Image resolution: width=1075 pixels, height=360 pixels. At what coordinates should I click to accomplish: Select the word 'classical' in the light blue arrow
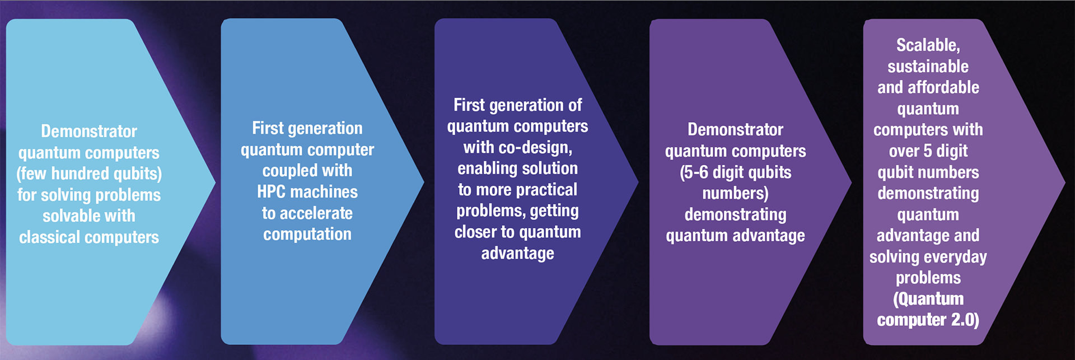pyautogui.click(x=50, y=237)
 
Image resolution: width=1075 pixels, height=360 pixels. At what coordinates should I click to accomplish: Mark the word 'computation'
pyautogui.click(x=307, y=234)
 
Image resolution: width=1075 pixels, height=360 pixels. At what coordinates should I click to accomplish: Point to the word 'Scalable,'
pyautogui.click(x=928, y=45)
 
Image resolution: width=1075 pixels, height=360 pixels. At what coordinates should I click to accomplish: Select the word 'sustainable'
pyautogui.click(x=928, y=67)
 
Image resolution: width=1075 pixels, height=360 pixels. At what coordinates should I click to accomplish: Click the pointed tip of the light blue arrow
pyautogui.click(x=216, y=181)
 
